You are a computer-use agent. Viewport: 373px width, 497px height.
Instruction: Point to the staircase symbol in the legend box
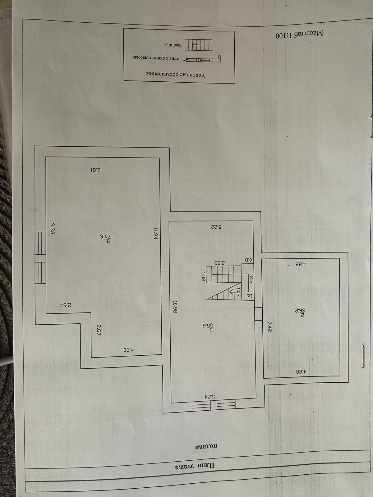[199, 45]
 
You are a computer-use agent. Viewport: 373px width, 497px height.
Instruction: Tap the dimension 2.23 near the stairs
[219, 263]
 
